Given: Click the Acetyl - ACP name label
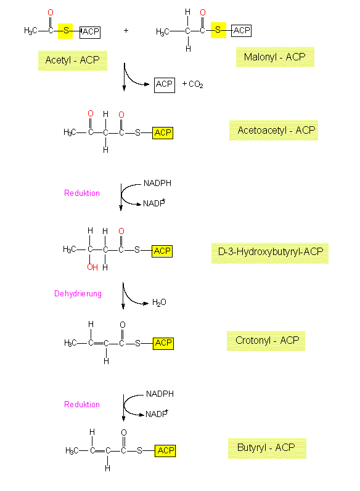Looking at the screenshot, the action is click(72, 60).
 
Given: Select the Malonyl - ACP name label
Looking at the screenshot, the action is click(275, 57).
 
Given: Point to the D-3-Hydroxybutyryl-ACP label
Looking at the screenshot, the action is click(270, 252).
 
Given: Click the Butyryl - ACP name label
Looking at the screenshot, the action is click(267, 448).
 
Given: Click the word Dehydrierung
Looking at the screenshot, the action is click(78, 294).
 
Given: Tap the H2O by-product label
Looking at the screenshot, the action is click(159, 302).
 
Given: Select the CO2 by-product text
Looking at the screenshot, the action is click(196, 84).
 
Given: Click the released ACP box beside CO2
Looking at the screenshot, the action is click(165, 85).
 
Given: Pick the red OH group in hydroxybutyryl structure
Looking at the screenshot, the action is click(92, 267).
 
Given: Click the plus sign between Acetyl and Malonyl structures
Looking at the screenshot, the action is click(126, 30).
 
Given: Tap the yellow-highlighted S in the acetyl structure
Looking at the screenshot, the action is click(65, 31).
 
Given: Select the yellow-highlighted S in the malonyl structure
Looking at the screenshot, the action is click(218, 30).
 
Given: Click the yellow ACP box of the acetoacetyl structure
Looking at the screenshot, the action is click(163, 133).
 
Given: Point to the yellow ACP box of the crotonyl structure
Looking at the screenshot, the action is click(163, 343).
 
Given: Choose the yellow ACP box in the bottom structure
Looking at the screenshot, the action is click(165, 451).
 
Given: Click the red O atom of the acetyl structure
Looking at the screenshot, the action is click(51, 12).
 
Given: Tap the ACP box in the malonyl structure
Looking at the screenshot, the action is click(241, 31).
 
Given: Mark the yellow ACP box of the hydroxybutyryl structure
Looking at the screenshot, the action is click(162, 251).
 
